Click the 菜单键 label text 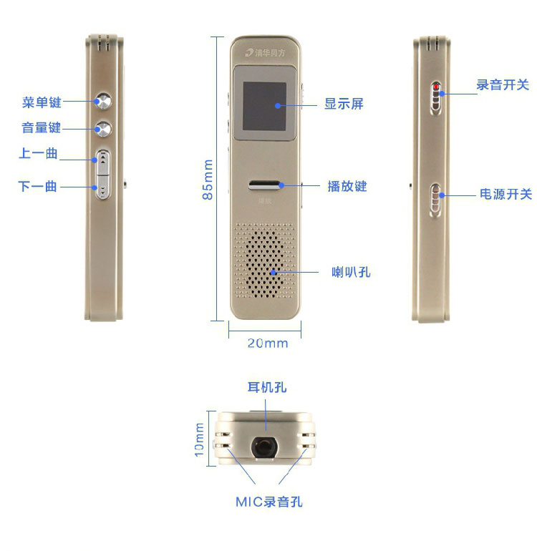coord(42,102)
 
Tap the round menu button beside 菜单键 coord(104,101)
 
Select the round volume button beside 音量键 coord(104,129)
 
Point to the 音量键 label coord(41,127)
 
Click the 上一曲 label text coord(38,153)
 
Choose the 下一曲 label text coord(38,186)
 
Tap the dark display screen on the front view coord(264,106)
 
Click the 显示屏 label coord(344,104)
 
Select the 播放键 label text coord(347,186)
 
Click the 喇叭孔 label coord(351,272)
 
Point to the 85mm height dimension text coord(208,180)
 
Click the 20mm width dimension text coord(268,343)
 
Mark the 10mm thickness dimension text coord(199,439)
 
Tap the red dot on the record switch coord(436,87)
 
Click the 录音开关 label coord(503,84)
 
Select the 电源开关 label coord(506,194)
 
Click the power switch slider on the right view coord(436,200)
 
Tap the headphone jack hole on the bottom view coord(264,448)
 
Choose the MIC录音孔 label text coord(269,502)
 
